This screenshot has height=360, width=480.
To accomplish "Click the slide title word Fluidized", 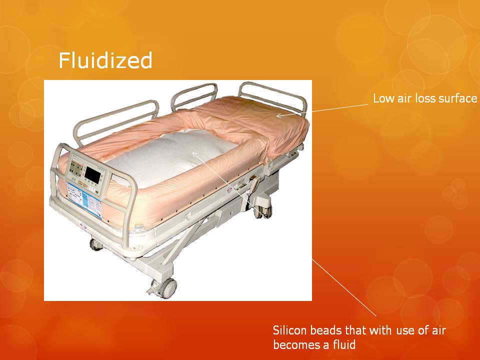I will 105,61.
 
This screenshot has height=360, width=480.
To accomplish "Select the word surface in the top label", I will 457,98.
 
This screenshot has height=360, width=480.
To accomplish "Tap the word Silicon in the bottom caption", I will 289,330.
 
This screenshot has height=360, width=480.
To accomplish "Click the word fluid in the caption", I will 344,344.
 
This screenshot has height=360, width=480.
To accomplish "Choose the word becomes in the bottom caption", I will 294,344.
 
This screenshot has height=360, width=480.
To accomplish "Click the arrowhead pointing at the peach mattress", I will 278,115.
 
